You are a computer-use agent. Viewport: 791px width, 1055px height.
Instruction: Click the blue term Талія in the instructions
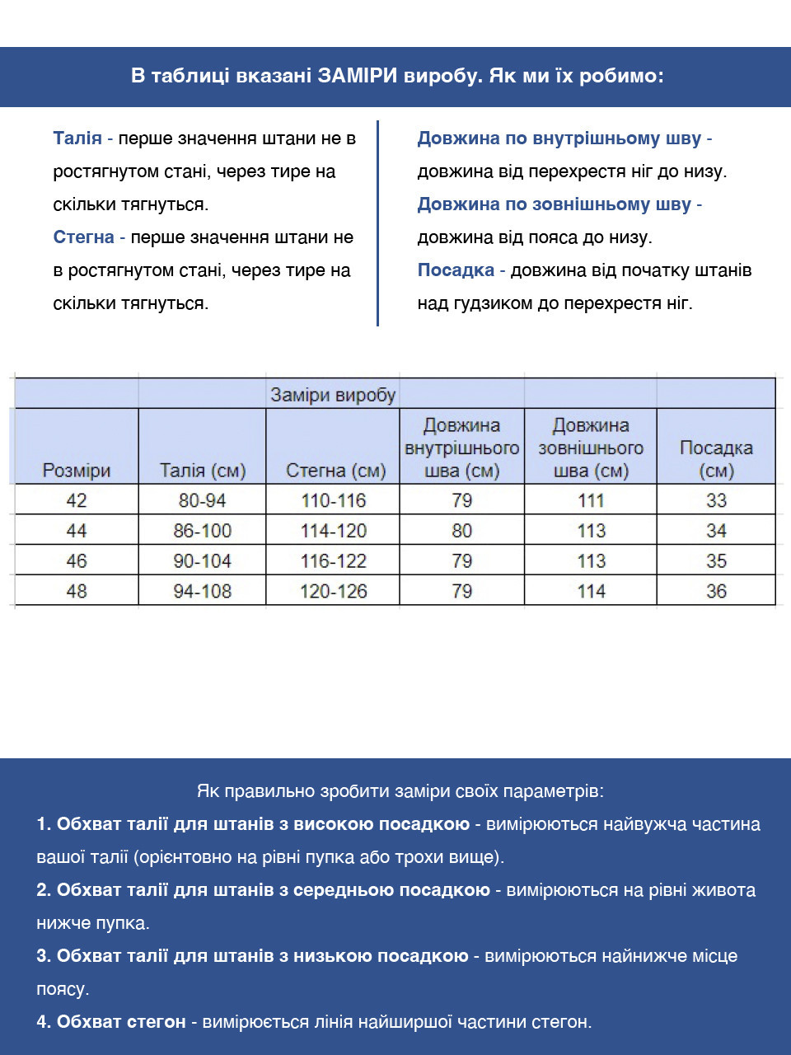pos(77,138)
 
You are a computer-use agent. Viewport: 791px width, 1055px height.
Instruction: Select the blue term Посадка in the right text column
pos(456,270)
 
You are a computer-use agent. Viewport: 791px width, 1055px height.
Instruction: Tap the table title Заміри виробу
pos(333,395)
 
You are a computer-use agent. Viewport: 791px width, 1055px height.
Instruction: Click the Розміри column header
pos(77,471)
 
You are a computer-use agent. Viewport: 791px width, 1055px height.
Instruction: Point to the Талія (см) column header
pos(203,471)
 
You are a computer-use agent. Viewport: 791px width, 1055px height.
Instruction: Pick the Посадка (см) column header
pos(716,459)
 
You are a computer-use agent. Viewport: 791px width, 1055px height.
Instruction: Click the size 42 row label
pos(77,500)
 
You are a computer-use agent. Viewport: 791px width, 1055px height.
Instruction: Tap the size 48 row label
pos(77,591)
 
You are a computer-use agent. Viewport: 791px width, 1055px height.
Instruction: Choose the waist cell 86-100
pos(203,531)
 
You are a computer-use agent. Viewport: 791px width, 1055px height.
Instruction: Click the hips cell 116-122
pos(334,561)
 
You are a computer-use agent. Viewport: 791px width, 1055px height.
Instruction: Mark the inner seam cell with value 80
pos(462,531)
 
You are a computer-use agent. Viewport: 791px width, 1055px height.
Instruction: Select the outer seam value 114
pos(592,591)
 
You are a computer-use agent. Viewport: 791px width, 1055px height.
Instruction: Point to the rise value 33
pos(716,500)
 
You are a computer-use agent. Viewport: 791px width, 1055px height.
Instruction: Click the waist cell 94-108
pos(203,591)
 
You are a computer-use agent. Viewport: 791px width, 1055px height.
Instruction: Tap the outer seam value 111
pos(592,500)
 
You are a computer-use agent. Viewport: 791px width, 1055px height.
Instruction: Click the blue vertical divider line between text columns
pos(377,223)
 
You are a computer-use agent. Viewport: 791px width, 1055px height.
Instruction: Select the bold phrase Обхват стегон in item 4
pos(121,1022)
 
